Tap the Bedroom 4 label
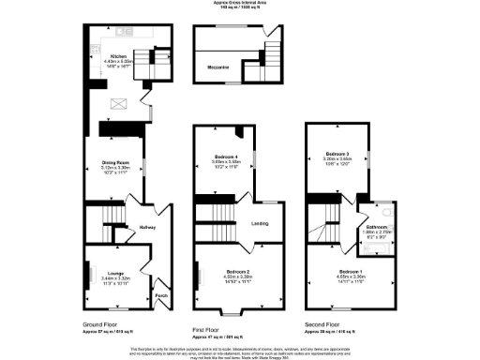tap(226, 156)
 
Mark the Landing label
tap(262, 222)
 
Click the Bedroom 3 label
tap(337, 153)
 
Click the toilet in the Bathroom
tap(386, 211)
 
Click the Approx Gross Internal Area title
tap(239, 4)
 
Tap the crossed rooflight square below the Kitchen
tap(119, 104)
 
